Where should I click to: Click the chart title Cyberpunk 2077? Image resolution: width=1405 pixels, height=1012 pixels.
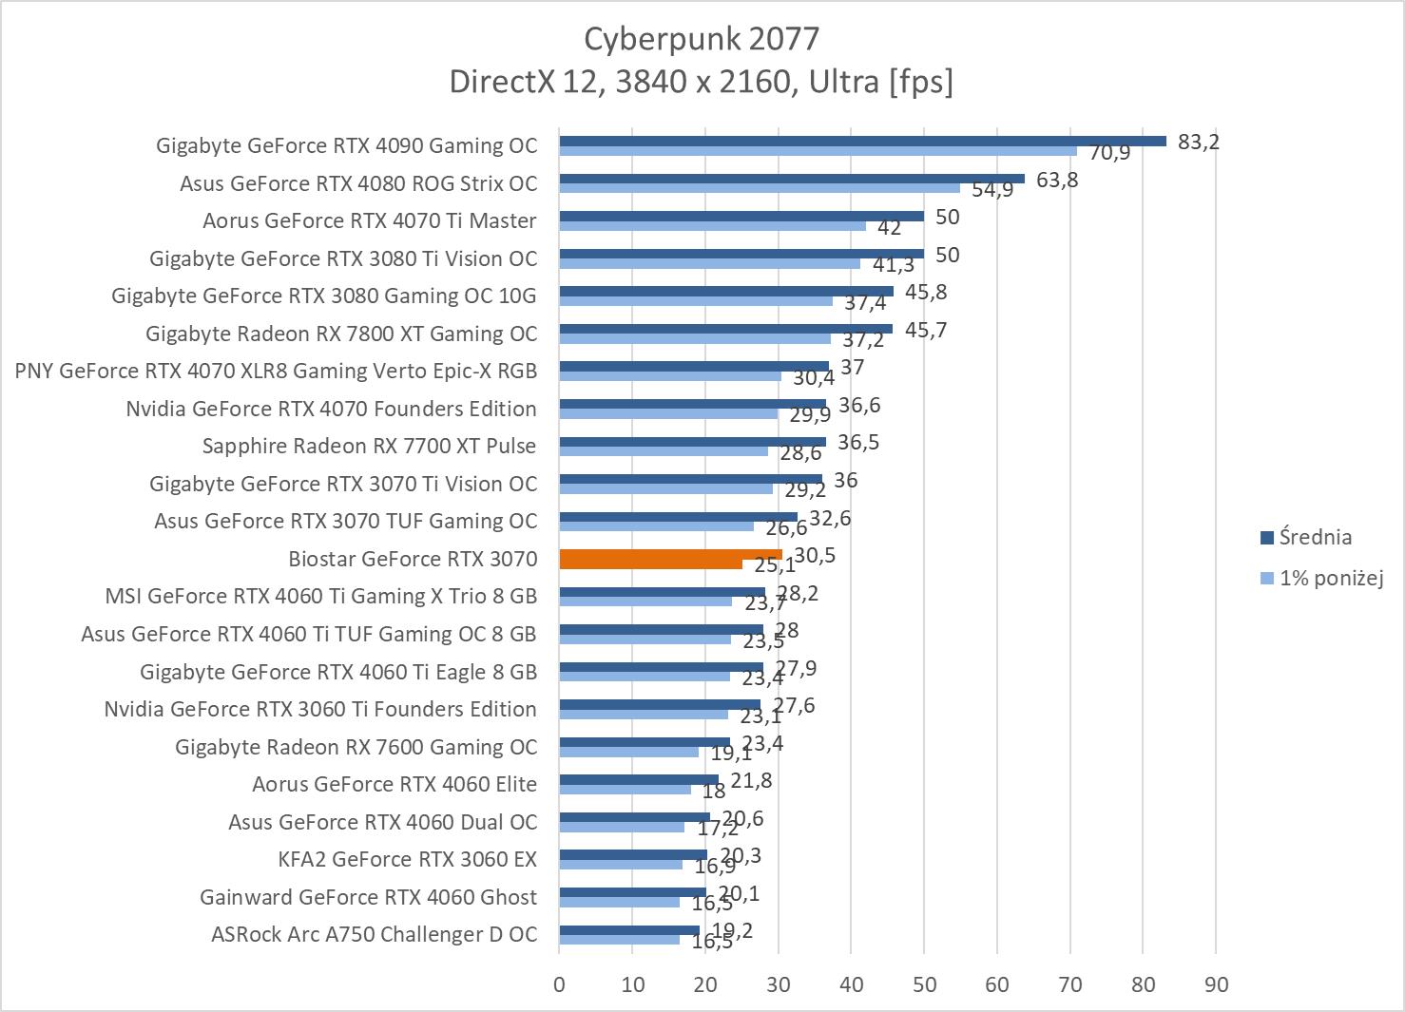pyautogui.click(x=701, y=39)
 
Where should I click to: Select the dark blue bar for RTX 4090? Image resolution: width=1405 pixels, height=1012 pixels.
pyautogui.click(x=862, y=141)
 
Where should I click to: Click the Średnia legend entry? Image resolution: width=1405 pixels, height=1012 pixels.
pyautogui.click(x=1315, y=538)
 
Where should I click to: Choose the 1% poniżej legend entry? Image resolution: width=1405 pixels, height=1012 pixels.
pyautogui.click(x=1330, y=577)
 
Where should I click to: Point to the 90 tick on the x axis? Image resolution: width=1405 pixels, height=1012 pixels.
pyautogui.click(x=1216, y=984)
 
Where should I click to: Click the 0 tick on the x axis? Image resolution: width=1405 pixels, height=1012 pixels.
pyautogui.click(x=559, y=984)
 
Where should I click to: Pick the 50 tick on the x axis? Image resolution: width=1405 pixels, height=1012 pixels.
pyautogui.click(x=924, y=984)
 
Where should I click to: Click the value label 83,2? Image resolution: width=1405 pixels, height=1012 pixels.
pyautogui.click(x=1198, y=142)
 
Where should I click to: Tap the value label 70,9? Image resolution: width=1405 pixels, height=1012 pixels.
pyautogui.click(x=1109, y=152)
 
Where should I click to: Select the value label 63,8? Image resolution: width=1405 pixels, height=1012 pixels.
pyautogui.click(x=1057, y=180)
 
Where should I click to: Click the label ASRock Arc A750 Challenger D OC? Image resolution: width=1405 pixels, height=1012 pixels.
pyautogui.click(x=374, y=934)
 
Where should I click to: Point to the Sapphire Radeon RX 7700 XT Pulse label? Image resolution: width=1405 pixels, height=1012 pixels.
pyautogui.click(x=369, y=446)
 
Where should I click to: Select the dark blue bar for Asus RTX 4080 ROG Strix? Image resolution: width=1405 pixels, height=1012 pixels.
pyautogui.click(x=792, y=179)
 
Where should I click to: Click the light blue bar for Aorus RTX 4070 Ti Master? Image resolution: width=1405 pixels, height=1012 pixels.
pyautogui.click(x=712, y=226)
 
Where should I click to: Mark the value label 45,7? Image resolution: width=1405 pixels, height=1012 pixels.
pyautogui.click(x=926, y=330)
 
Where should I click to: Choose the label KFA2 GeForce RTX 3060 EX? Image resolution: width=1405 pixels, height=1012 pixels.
pyautogui.click(x=407, y=859)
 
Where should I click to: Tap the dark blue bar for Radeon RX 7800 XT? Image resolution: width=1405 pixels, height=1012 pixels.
pyautogui.click(x=725, y=329)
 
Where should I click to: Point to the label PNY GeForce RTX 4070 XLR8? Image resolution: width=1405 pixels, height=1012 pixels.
pyautogui.click(x=276, y=371)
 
